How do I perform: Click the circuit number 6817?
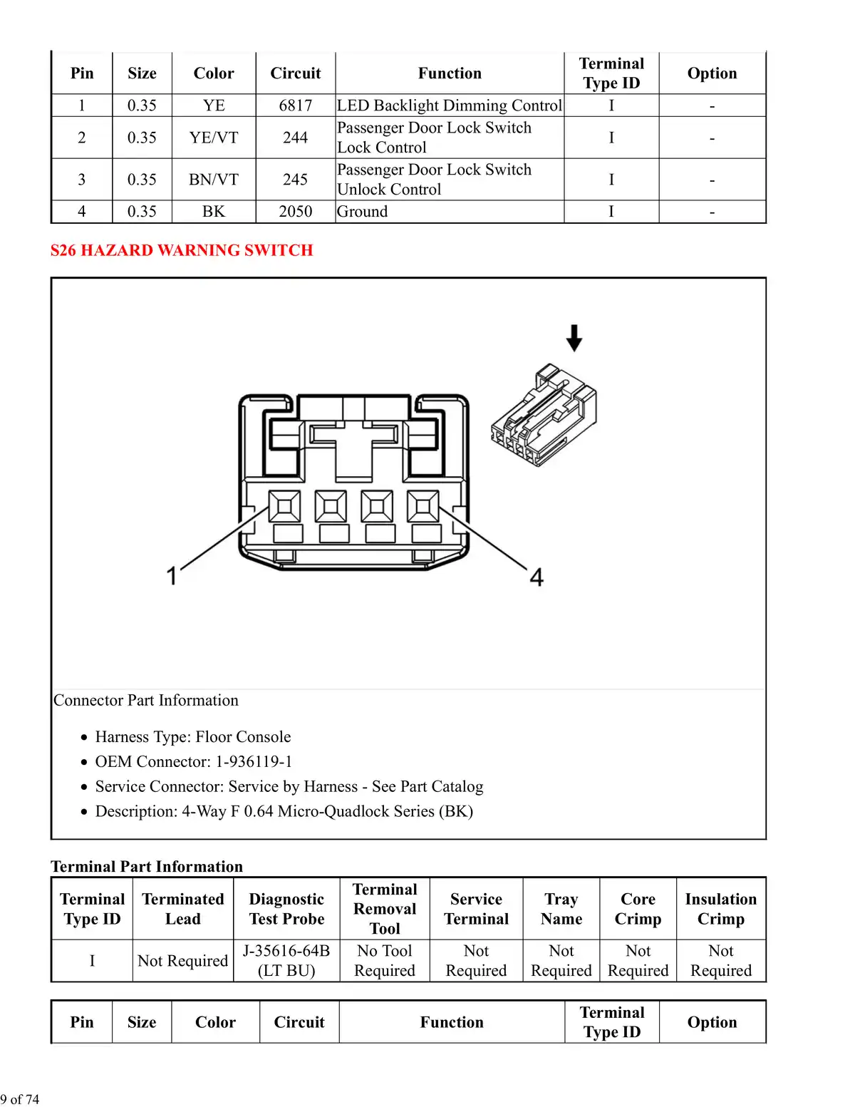click(x=296, y=105)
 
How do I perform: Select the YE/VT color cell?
click(x=213, y=138)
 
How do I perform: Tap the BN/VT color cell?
click(x=213, y=180)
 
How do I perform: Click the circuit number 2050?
click(x=296, y=212)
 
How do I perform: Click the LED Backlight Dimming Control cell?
click(x=449, y=105)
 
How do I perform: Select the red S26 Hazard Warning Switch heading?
click(x=182, y=250)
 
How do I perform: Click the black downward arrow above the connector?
click(x=574, y=338)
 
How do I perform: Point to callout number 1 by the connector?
click(x=172, y=576)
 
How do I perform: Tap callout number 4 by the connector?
click(x=537, y=577)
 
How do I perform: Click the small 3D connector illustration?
click(x=544, y=415)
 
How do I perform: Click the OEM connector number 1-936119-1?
click(x=254, y=761)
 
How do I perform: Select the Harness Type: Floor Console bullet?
click(x=193, y=736)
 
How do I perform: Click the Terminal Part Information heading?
click(x=147, y=867)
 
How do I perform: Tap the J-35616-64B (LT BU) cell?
click(x=286, y=960)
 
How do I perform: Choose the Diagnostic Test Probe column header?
click(x=286, y=909)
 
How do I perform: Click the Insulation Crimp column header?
click(x=721, y=909)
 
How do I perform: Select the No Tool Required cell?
click(x=385, y=960)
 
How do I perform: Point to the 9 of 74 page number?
click(x=19, y=1099)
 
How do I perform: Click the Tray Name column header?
click(x=561, y=909)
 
